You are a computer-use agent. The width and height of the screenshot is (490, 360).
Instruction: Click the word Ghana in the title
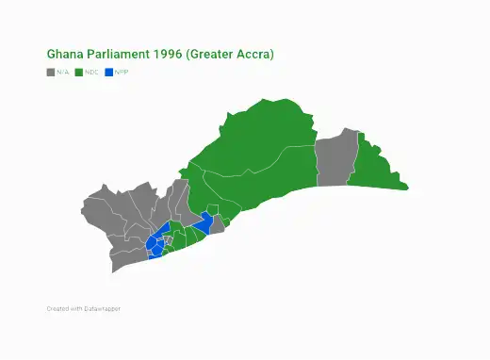pos(63,55)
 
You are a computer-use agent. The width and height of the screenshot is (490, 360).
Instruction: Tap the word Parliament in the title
pos(116,55)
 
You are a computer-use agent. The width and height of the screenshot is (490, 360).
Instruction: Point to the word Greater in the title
pos(213,55)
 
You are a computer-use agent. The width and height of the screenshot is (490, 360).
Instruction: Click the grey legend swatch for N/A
pos(50,72)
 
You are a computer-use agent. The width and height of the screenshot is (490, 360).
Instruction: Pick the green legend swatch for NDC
pos(78,72)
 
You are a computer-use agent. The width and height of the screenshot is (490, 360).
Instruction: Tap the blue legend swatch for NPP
pos(108,72)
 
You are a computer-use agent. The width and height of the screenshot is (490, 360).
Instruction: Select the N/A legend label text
pos(62,72)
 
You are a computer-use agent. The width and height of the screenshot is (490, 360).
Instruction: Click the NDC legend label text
pos(91,72)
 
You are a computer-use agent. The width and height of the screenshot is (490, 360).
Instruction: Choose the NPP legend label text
pos(122,72)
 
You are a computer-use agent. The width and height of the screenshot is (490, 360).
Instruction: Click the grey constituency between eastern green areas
pos(335,160)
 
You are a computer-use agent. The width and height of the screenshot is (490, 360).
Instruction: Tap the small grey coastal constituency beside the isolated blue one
pos(216,224)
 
